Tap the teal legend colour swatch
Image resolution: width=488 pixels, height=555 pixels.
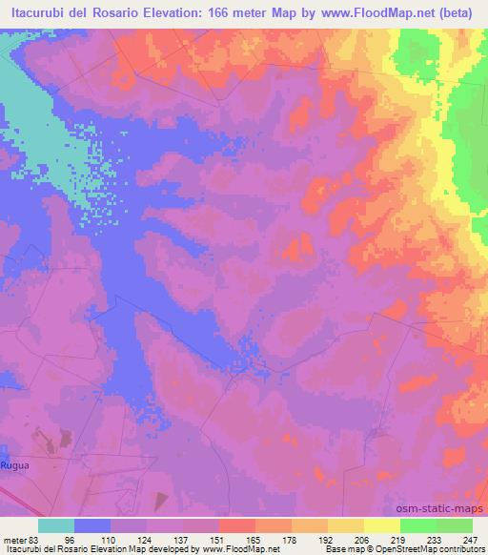pos(56,525)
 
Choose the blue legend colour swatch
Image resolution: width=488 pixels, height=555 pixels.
pos(92,525)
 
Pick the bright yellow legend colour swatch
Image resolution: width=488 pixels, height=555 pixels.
pos(382,525)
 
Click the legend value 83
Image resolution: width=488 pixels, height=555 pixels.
pos(33,539)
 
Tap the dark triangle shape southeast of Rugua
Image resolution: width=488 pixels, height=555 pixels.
pos(160,500)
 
